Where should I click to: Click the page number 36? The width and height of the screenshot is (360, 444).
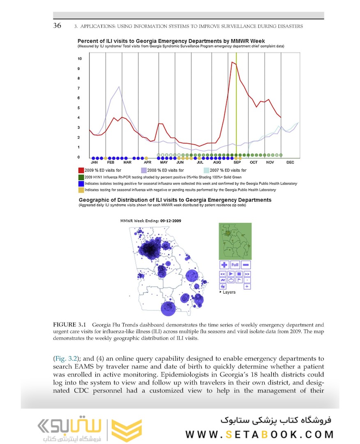[x=57, y=25]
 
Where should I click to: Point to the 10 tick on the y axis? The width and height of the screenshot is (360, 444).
[x=80, y=59]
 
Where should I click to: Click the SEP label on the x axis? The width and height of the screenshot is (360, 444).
[x=237, y=162]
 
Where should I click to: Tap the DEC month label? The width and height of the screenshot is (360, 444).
[x=290, y=162]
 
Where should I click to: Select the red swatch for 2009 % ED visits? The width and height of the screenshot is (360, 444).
[x=81, y=170]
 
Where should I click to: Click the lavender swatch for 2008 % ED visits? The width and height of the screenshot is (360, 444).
[x=144, y=170]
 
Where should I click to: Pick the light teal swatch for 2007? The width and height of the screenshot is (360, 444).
[x=207, y=170]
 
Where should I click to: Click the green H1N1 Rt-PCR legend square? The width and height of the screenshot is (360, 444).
[x=81, y=177]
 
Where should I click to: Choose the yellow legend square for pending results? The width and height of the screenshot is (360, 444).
[x=81, y=190]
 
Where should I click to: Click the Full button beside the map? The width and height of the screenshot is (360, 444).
[x=235, y=265]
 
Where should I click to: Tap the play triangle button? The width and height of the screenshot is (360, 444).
[x=231, y=274]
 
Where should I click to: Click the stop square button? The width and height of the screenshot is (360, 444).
[x=239, y=274]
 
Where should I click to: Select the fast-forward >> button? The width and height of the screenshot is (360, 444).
[x=247, y=274]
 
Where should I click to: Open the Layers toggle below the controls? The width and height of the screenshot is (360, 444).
[x=228, y=292]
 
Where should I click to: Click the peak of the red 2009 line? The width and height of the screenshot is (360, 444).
[x=233, y=62]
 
